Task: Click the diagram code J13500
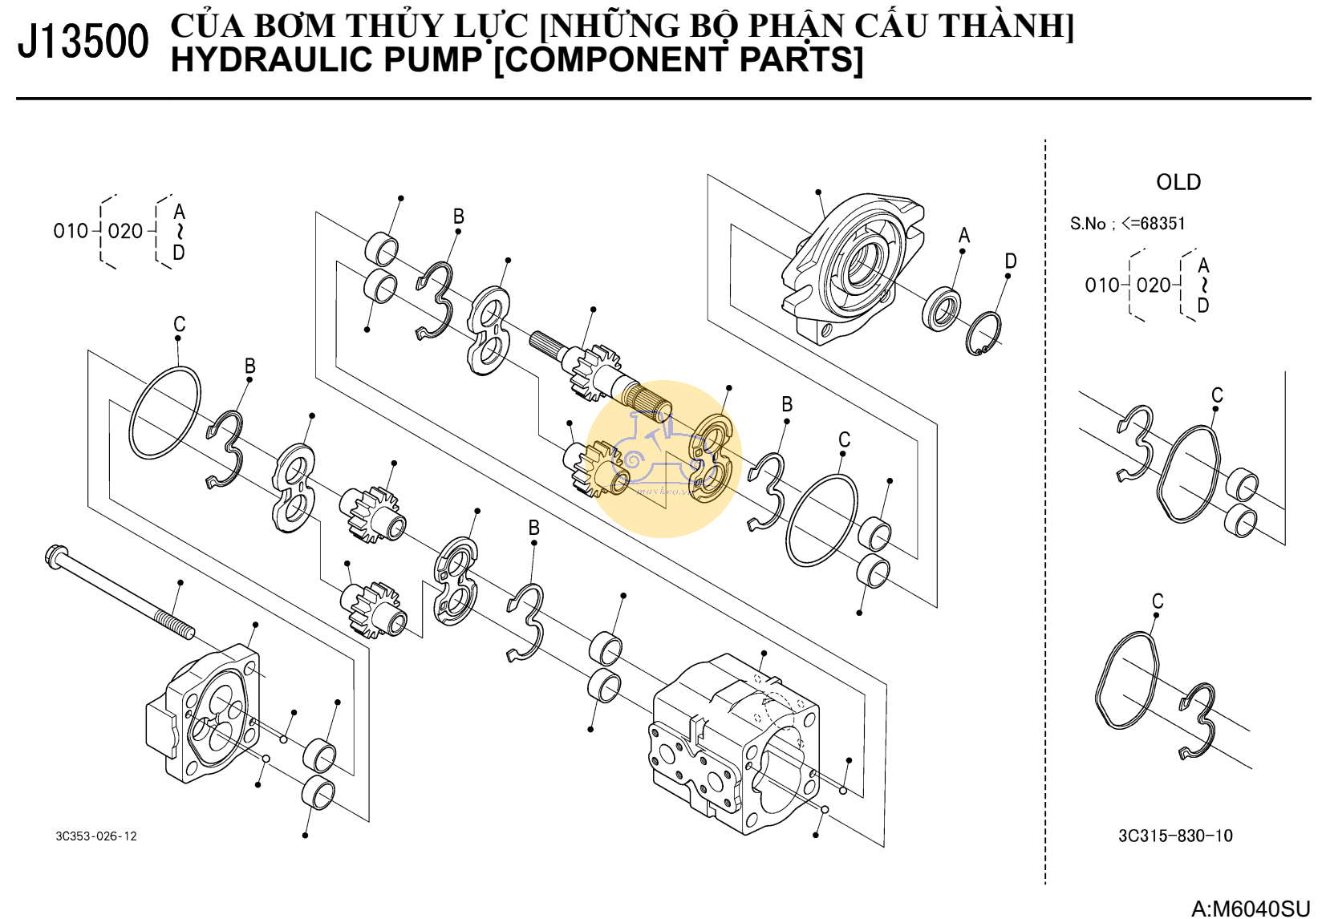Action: (x=83, y=42)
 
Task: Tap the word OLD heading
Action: (x=1178, y=182)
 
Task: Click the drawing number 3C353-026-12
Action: (x=96, y=836)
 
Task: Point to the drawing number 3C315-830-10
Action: (x=1175, y=836)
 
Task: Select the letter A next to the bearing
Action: (x=964, y=235)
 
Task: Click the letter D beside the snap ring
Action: (x=1011, y=261)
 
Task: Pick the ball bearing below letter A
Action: (x=941, y=309)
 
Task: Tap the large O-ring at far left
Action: (x=165, y=413)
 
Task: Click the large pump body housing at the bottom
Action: (x=734, y=742)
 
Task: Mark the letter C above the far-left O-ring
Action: (x=180, y=324)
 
